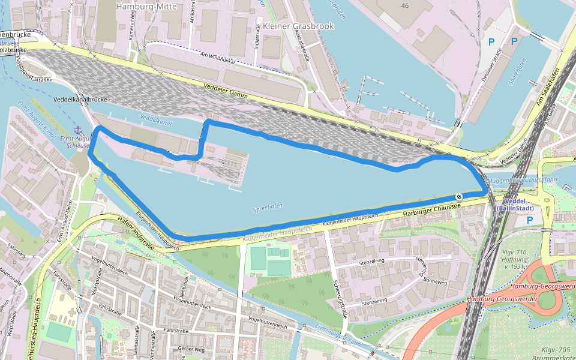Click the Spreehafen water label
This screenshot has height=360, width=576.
click(x=268, y=209)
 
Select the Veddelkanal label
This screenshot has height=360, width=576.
click(x=155, y=121)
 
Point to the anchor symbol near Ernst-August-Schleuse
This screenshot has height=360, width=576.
click(x=77, y=130)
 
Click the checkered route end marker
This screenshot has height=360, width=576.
click(x=458, y=197)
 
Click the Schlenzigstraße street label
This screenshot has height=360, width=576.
click(x=341, y=293)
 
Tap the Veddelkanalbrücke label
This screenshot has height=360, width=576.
click(x=80, y=98)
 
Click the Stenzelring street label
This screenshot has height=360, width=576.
click(x=371, y=262)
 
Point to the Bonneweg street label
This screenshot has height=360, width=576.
click(x=436, y=281)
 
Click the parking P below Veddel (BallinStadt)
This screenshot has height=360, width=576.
click(x=530, y=220)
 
